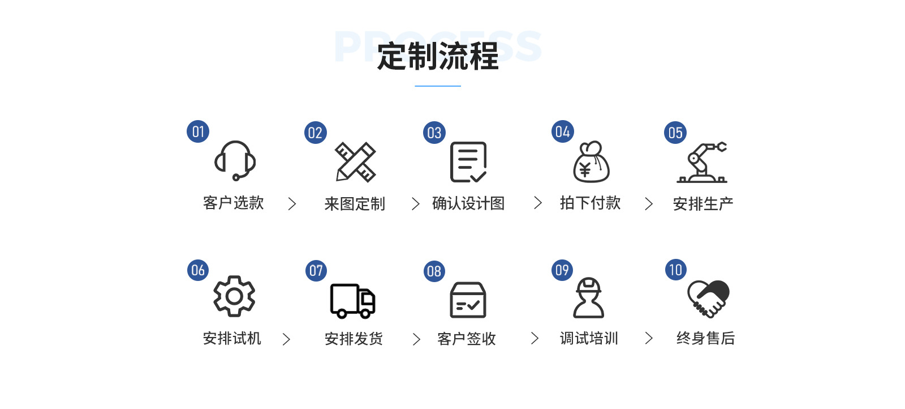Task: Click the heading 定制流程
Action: tap(438, 57)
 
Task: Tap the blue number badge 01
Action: tap(198, 131)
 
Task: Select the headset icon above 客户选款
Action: tap(235, 160)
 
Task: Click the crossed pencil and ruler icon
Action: tap(355, 162)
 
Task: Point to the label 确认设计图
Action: tap(468, 203)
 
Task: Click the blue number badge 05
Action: tap(675, 133)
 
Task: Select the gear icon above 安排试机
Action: tap(234, 296)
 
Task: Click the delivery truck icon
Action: tap(353, 300)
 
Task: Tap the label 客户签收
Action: tap(467, 339)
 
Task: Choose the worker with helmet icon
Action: tap(589, 297)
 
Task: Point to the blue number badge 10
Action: tap(676, 270)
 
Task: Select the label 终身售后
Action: tap(705, 338)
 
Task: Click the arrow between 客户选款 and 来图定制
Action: tap(292, 204)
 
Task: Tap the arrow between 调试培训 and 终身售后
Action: tap(649, 338)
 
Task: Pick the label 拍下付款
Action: tap(590, 203)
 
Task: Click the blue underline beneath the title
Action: tap(438, 86)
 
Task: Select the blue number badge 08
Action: tap(434, 271)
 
